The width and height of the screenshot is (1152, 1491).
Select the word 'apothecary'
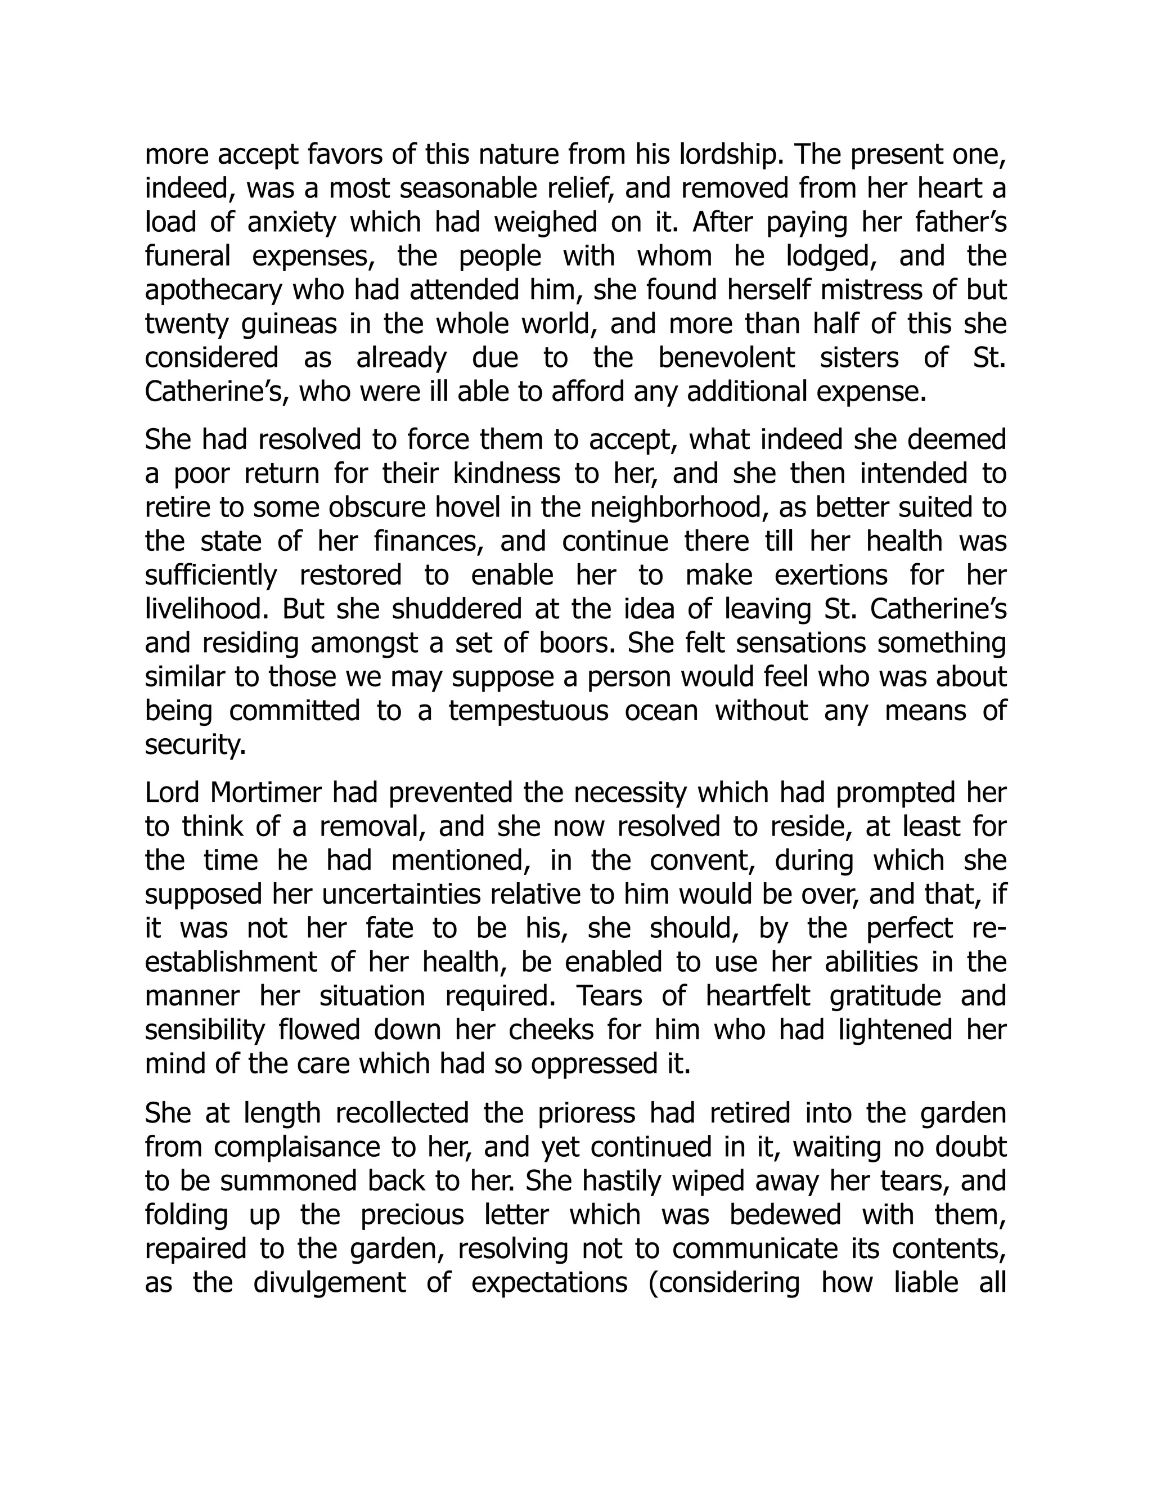(213, 291)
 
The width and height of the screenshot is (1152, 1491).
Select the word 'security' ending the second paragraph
(195, 745)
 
